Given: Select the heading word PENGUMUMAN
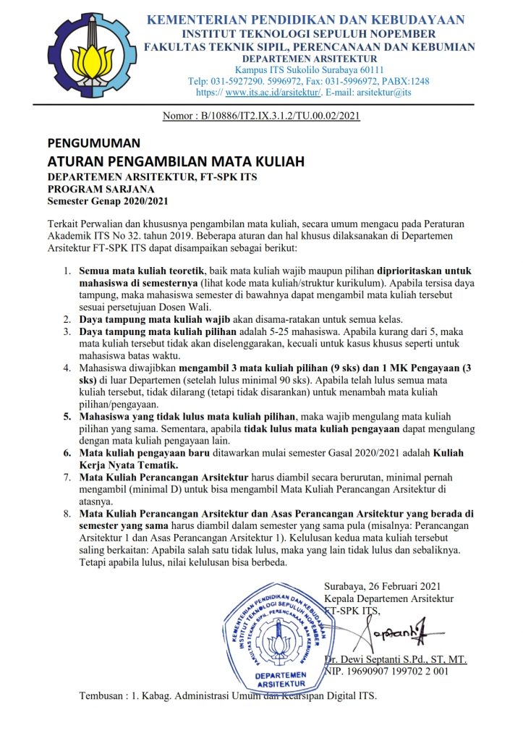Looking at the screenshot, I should point(94,143).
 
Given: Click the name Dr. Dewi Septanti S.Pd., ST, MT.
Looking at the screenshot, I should point(396,659).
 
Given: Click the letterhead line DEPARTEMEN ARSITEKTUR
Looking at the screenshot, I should point(309,58).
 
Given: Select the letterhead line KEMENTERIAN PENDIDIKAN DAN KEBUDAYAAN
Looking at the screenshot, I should point(306,20).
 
